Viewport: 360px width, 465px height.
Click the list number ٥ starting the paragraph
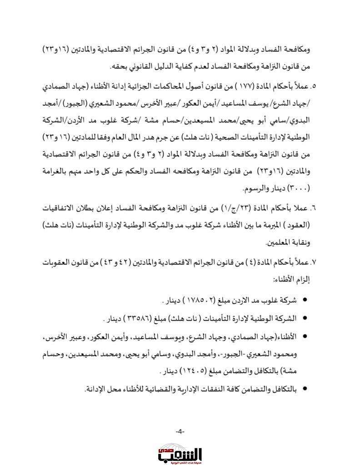312,86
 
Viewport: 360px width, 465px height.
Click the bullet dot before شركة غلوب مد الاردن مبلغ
304,301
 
